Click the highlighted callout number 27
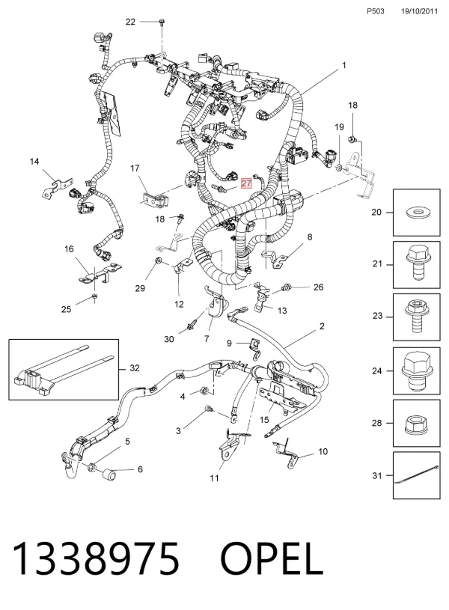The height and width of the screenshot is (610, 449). (246, 183)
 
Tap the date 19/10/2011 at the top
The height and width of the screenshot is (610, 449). (419, 11)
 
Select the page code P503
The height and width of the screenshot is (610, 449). (376, 11)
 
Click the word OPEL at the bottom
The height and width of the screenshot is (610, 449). (271, 559)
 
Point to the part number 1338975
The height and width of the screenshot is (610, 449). (96, 559)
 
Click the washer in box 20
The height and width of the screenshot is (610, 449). (417, 213)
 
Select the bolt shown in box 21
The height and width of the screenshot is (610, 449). (417, 263)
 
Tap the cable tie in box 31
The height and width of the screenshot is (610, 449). (417, 475)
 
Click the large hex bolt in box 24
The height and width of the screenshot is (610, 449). (417, 370)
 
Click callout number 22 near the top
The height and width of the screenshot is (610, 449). (130, 22)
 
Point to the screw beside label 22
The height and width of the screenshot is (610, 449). (162, 22)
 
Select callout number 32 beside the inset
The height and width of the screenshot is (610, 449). (135, 368)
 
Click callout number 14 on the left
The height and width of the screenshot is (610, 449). (34, 162)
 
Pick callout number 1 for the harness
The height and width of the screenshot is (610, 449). (344, 65)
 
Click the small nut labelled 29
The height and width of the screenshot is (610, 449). (159, 260)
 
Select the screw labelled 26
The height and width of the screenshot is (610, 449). (287, 288)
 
